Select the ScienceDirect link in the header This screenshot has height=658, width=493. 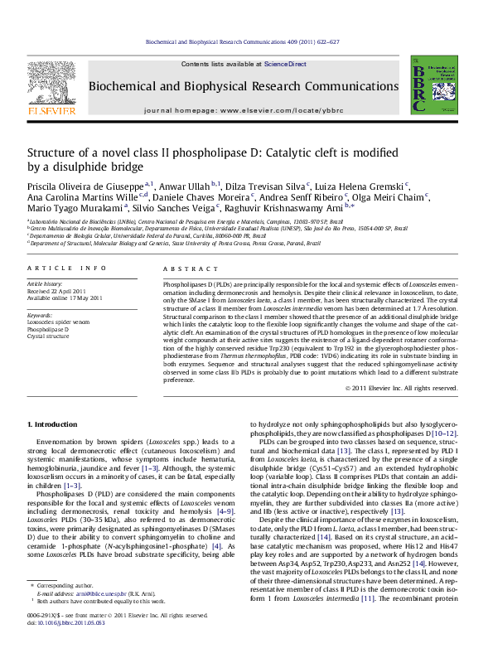pos(285,64)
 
